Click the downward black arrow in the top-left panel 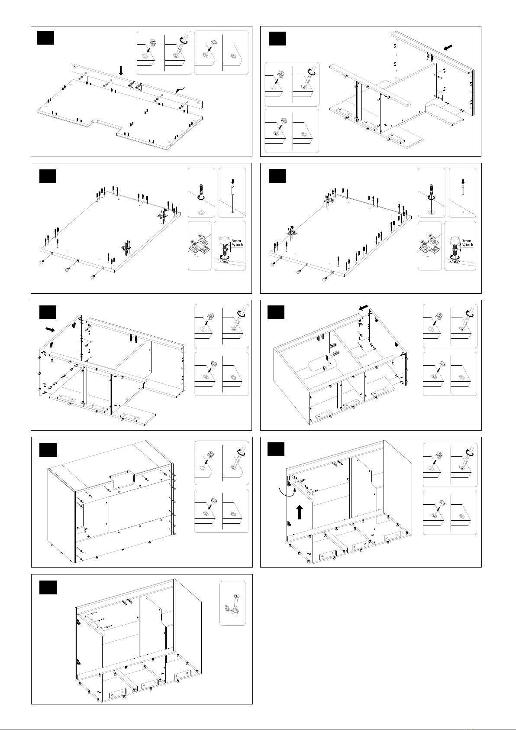(121, 71)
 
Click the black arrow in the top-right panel (448, 48)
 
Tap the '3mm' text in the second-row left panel (237, 241)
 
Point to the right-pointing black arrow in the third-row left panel (50, 330)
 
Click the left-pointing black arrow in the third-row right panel (363, 308)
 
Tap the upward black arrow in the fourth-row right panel (300, 512)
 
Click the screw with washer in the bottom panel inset (232, 604)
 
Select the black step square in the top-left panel (45, 38)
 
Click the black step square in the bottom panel (48, 587)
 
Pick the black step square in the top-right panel (277, 39)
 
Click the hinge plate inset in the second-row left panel (200, 246)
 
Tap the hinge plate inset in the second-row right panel (430, 246)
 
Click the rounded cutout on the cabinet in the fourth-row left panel (122, 480)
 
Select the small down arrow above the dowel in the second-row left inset (232, 182)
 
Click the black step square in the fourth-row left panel (48, 450)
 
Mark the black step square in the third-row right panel (276, 312)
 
